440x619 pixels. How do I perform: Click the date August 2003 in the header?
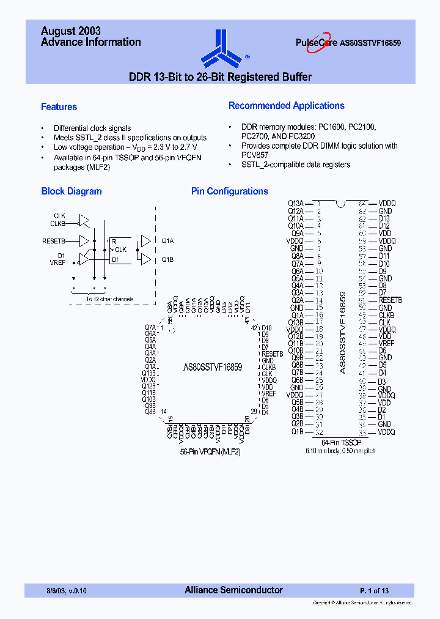[x=70, y=31]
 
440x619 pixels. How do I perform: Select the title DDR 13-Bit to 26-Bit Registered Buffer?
[x=220, y=77]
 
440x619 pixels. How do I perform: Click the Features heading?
[x=59, y=107]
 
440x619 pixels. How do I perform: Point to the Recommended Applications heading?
[x=286, y=106]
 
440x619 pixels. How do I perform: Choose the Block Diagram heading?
[x=71, y=191]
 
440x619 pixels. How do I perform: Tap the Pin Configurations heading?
[x=229, y=191]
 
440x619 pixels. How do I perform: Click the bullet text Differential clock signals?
[x=92, y=128]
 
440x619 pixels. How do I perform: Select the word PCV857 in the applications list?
[x=254, y=155]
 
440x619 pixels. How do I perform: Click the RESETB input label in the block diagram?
[x=53, y=241]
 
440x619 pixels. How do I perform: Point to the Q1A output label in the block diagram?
[x=167, y=241]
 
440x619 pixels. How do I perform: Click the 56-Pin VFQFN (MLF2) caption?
[x=210, y=452]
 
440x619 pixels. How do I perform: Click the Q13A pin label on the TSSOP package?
[x=296, y=203]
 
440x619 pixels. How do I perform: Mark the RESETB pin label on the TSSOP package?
[x=390, y=300]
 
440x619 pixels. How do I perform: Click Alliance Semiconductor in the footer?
[x=233, y=590]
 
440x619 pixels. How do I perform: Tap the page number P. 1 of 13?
[x=373, y=591]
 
